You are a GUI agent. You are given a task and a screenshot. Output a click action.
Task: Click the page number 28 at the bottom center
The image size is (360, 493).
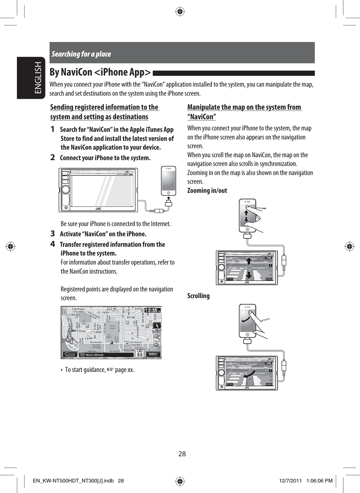(x=182, y=454)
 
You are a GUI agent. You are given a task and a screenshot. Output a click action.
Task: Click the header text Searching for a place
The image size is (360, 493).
(x=81, y=54)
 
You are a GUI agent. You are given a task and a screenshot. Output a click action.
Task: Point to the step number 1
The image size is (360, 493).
(x=52, y=129)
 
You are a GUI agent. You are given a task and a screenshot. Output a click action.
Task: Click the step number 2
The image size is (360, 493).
(x=52, y=158)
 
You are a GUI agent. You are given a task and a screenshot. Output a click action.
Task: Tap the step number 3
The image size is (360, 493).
(x=52, y=234)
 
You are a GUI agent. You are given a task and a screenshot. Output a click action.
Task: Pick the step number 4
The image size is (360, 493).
(x=52, y=244)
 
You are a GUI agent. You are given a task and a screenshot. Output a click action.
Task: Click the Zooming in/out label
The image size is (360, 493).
(x=207, y=191)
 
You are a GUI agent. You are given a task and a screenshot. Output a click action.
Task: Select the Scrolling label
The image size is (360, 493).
(x=198, y=296)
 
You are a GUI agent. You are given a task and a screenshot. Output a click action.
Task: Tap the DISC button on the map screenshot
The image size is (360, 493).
(x=153, y=354)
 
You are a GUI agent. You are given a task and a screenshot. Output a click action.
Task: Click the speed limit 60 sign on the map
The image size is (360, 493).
(x=140, y=352)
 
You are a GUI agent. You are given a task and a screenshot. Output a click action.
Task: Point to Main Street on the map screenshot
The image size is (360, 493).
(x=94, y=355)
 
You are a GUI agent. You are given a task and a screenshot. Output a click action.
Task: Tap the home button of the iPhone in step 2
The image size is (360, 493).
(x=168, y=193)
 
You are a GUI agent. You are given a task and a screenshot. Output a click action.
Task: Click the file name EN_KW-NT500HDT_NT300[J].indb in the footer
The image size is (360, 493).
(x=75, y=481)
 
